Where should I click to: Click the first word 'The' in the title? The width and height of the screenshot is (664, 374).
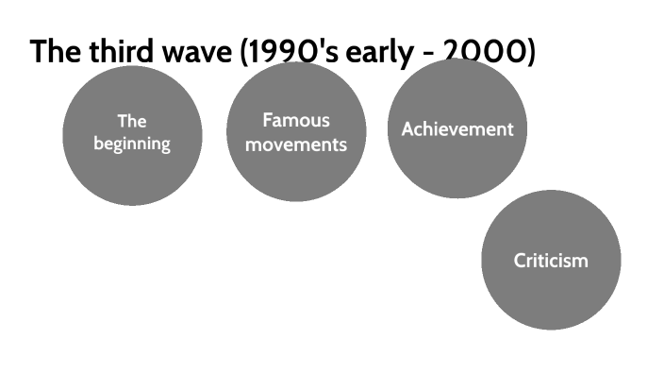[x=53, y=51]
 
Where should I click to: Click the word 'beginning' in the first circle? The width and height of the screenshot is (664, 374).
[x=132, y=144]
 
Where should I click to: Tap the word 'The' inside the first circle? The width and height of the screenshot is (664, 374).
[x=132, y=122]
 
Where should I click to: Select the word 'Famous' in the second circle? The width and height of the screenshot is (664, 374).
[x=296, y=121]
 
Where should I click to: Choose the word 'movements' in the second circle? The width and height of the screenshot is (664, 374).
[x=296, y=144]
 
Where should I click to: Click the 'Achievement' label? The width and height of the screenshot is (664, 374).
[x=457, y=129]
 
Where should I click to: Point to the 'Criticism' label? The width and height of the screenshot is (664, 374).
[x=551, y=261]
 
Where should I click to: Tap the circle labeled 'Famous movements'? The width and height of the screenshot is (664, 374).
[x=296, y=175]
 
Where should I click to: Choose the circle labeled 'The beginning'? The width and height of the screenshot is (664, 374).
[x=132, y=175]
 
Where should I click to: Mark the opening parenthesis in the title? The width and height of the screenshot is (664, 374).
[x=246, y=52]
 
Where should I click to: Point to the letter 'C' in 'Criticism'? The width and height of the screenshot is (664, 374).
[x=520, y=261]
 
